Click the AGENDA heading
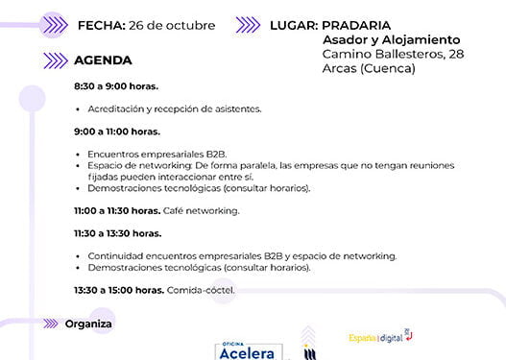point(103,60)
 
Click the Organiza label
point(88,324)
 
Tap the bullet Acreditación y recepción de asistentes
point(174,109)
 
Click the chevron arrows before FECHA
point(54,25)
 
